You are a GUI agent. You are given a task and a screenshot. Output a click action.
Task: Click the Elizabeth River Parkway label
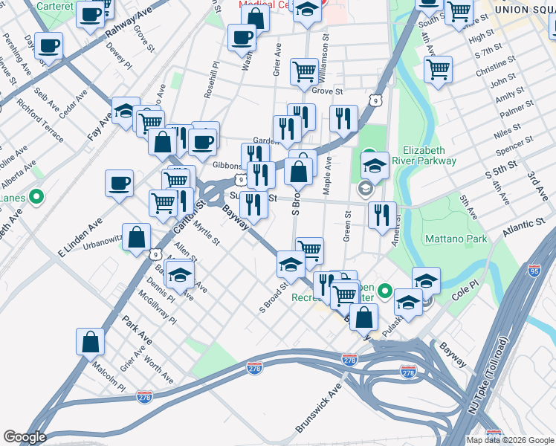pyautogui.click(x=439, y=154)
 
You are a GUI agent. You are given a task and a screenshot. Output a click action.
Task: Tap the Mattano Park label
pyautogui.click(x=456, y=239)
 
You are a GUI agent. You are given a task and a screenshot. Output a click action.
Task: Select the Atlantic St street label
pyautogui.click(x=523, y=228)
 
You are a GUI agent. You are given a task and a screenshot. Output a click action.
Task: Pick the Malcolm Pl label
pyautogui.click(x=109, y=378)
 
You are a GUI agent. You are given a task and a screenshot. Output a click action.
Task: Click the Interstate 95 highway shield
pyautogui.click(x=535, y=271)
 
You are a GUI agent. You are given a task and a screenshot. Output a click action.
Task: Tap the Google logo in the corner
pyautogui.click(x=25, y=437)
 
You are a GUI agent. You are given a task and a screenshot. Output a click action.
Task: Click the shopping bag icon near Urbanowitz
pyautogui.click(x=138, y=238)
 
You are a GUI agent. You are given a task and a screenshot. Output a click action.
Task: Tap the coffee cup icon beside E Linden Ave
pyautogui.click(x=120, y=183)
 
